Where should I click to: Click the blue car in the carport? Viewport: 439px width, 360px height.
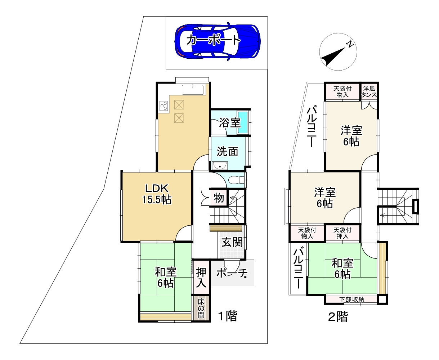218,40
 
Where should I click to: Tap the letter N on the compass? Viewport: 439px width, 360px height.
349,44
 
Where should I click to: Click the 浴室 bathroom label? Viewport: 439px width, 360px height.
229,123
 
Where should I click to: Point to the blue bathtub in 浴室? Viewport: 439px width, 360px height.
243,123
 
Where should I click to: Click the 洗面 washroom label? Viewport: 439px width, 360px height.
227,152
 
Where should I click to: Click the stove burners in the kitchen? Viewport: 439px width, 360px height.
164,106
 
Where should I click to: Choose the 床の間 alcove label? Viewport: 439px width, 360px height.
201,309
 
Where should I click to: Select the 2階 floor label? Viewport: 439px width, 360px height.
338,317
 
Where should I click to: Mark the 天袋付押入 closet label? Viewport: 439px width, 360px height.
342,233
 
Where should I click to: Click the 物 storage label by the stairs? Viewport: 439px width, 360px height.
219,198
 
